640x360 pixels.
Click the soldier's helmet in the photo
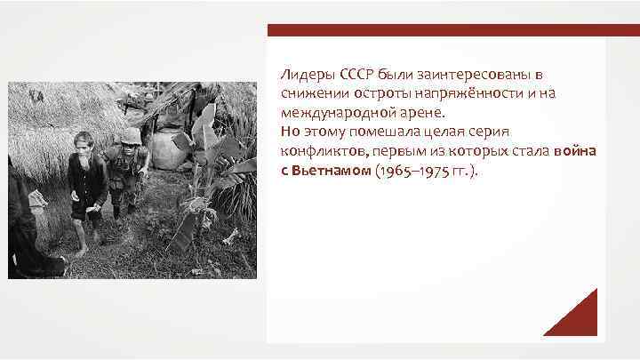tap(131, 135)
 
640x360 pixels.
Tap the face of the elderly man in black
tap(84, 143)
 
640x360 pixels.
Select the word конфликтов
tap(317, 153)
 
